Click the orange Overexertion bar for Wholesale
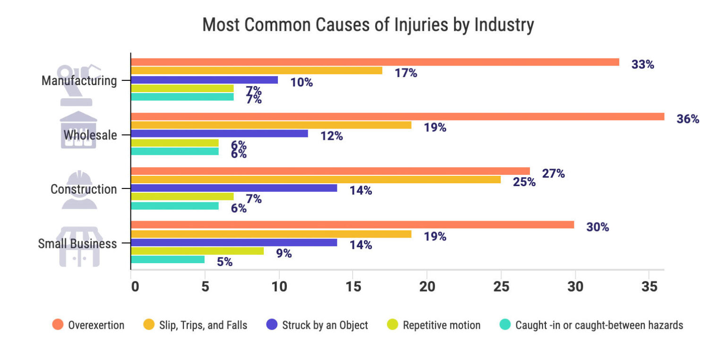pyautogui.click(x=397, y=117)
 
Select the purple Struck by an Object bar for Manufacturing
pyautogui.click(x=204, y=80)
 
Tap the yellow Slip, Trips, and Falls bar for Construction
pyautogui.click(x=315, y=180)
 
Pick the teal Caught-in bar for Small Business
pyautogui.click(x=167, y=259)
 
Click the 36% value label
pyautogui.click(x=687, y=119)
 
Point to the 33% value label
pyautogui.click(x=642, y=65)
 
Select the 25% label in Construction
pyautogui.click(x=524, y=182)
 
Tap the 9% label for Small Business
pyautogui.click(x=284, y=253)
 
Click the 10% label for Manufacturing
pyautogui.click(x=302, y=82)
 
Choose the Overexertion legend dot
pyautogui.click(x=57, y=325)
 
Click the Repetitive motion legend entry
pyautogui.click(x=441, y=325)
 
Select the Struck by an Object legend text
pyautogui.click(x=325, y=325)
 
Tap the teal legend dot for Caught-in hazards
pyautogui.click(x=504, y=325)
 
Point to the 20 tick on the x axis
pyautogui.click(x=427, y=287)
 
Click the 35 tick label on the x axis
pyautogui.click(x=648, y=287)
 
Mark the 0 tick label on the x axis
pyautogui.click(x=135, y=287)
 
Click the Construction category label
pyautogui.click(x=83, y=189)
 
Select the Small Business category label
pyautogui.click(x=77, y=244)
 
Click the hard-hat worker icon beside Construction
pyautogui.click(x=79, y=189)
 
